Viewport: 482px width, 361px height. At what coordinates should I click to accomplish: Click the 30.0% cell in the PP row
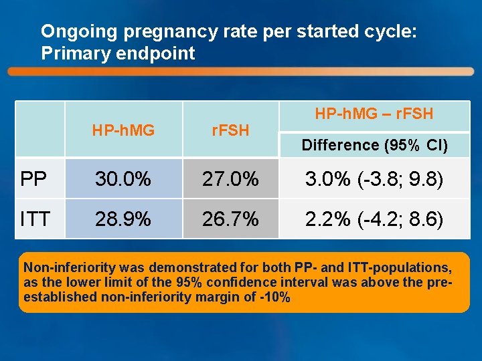pyautogui.click(x=123, y=178)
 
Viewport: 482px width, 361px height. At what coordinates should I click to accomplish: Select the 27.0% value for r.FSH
pyautogui.click(x=230, y=178)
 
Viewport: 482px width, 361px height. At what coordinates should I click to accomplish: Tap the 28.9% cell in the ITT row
pyautogui.click(x=123, y=218)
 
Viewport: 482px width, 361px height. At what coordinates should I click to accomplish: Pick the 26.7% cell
pyautogui.click(x=230, y=218)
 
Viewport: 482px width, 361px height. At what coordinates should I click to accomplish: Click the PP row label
pyautogui.click(x=33, y=178)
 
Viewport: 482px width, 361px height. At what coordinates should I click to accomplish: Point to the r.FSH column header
pyautogui.click(x=230, y=130)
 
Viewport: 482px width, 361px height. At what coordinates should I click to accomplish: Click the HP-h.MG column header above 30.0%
pyautogui.click(x=123, y=130)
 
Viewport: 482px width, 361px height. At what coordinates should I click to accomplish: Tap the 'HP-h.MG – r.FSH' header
pyautogui.click(x=374, y=114)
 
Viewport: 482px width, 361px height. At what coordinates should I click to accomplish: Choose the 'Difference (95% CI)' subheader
pyautogui.click(x=374, y=145)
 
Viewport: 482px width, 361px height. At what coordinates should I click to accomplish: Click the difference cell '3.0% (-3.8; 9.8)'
pyautogui.click(x=374, y=178)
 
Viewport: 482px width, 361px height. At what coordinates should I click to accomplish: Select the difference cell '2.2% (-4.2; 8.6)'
pyautogui.click(x=374, y=218)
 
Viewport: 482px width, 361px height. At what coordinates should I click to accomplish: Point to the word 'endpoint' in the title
pyautogui.click(x=161, y=53)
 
